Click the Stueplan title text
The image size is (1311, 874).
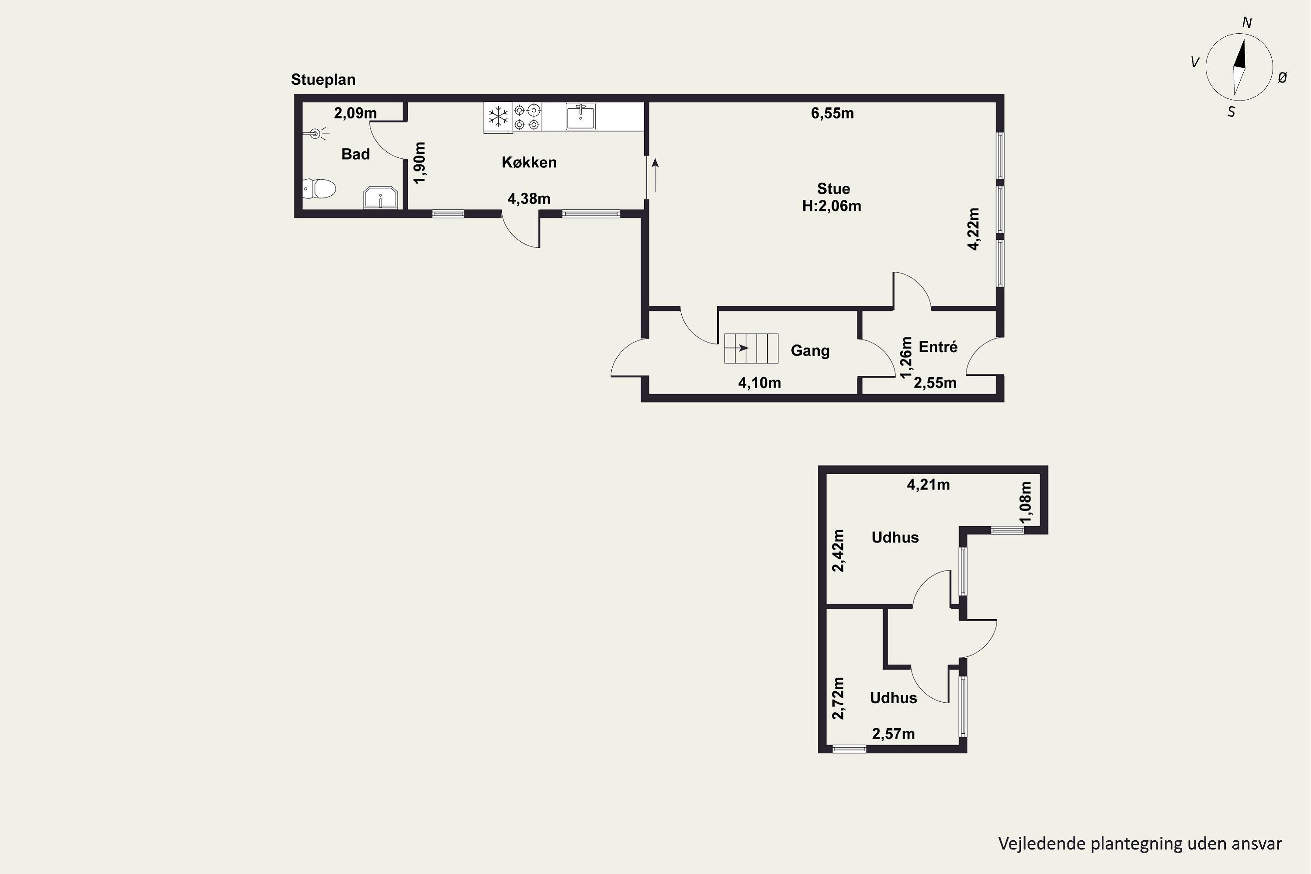click(323, 80)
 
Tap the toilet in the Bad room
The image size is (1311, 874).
click(319, 188)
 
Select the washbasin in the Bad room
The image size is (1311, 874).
click(380, 198)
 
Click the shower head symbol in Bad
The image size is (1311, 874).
click(316, 134)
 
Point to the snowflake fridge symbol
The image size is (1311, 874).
click(498, 117)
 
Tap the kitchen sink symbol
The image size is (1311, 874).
click(581, 117)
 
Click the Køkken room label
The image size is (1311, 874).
click(529, 162)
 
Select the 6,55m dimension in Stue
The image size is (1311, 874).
click(832, 113)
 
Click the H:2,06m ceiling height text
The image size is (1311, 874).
click(832, 206)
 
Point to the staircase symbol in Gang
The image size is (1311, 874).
click(751, 348)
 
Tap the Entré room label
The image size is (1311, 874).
click(938, 347)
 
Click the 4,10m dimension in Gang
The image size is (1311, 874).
click(759, 383)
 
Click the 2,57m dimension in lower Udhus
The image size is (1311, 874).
click(893, 734)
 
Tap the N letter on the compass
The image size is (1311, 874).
click(1247, 23)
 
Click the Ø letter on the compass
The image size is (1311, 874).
click(1282, 78)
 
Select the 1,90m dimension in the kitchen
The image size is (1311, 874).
click(420, 162)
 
